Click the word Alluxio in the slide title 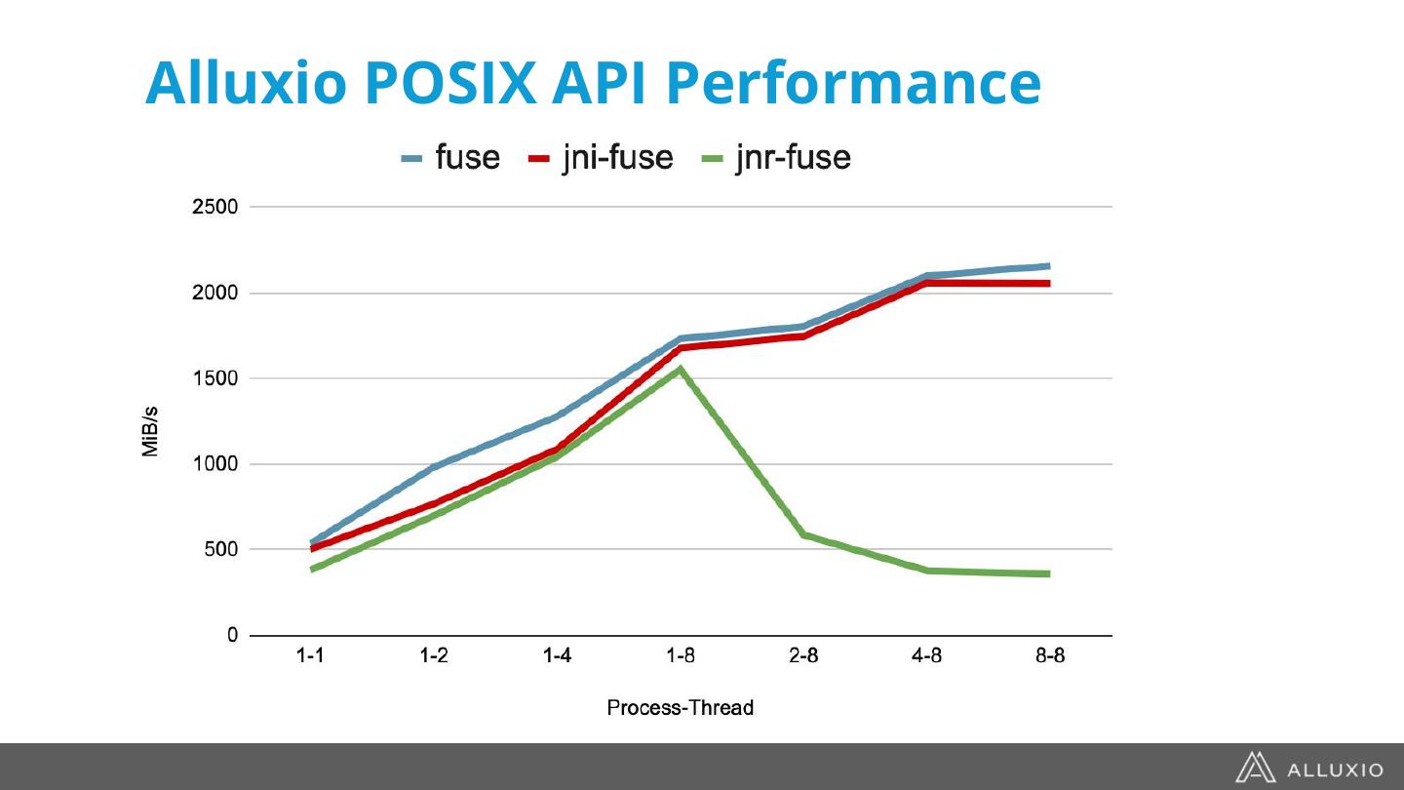click(244, 83)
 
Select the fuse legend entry click(451, 158)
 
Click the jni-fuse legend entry click(601, 158)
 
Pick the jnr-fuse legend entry click(776, 158)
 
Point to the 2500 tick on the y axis click(214, 208)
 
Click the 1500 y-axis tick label click(214, 378)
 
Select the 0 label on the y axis click(232, 635)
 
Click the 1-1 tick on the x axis click(311, 657)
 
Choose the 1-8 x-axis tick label click(680, 657)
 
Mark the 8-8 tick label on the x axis click(1049, 657)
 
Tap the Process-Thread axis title click(680, 708)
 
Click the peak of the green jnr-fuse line click(680, 370)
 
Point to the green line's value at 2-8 click(803, 534)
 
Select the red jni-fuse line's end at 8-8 click(1049, 284)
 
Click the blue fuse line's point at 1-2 click(434, 467)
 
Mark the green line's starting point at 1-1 click(312, 569)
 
